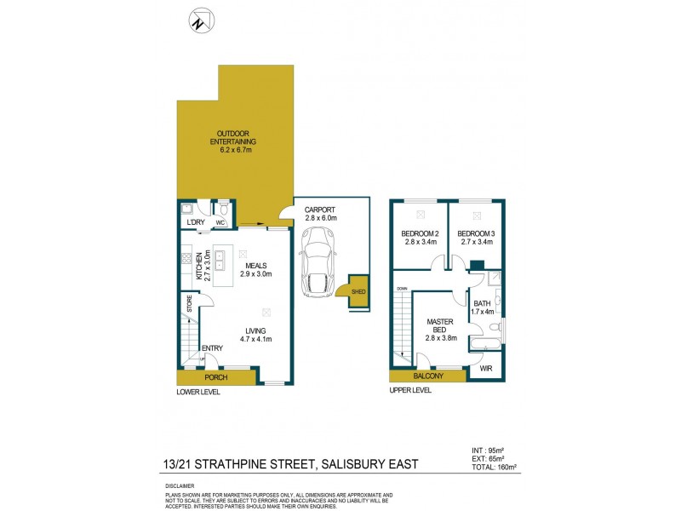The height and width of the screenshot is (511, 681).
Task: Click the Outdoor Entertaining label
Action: pos(236,141)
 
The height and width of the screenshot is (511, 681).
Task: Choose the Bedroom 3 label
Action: pos(476,236)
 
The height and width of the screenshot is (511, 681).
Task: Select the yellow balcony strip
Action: pos(427,376)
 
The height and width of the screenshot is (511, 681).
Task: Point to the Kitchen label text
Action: pos(200,267)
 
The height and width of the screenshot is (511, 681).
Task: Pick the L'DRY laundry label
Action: pos(196,223)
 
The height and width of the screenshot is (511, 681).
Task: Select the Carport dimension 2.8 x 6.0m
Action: pos(322,218)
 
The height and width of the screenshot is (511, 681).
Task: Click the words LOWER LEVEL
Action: pos(198,392)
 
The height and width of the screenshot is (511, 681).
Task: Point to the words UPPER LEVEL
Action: pos(410,390)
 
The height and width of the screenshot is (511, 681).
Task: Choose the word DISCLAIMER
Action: pos(180,485)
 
